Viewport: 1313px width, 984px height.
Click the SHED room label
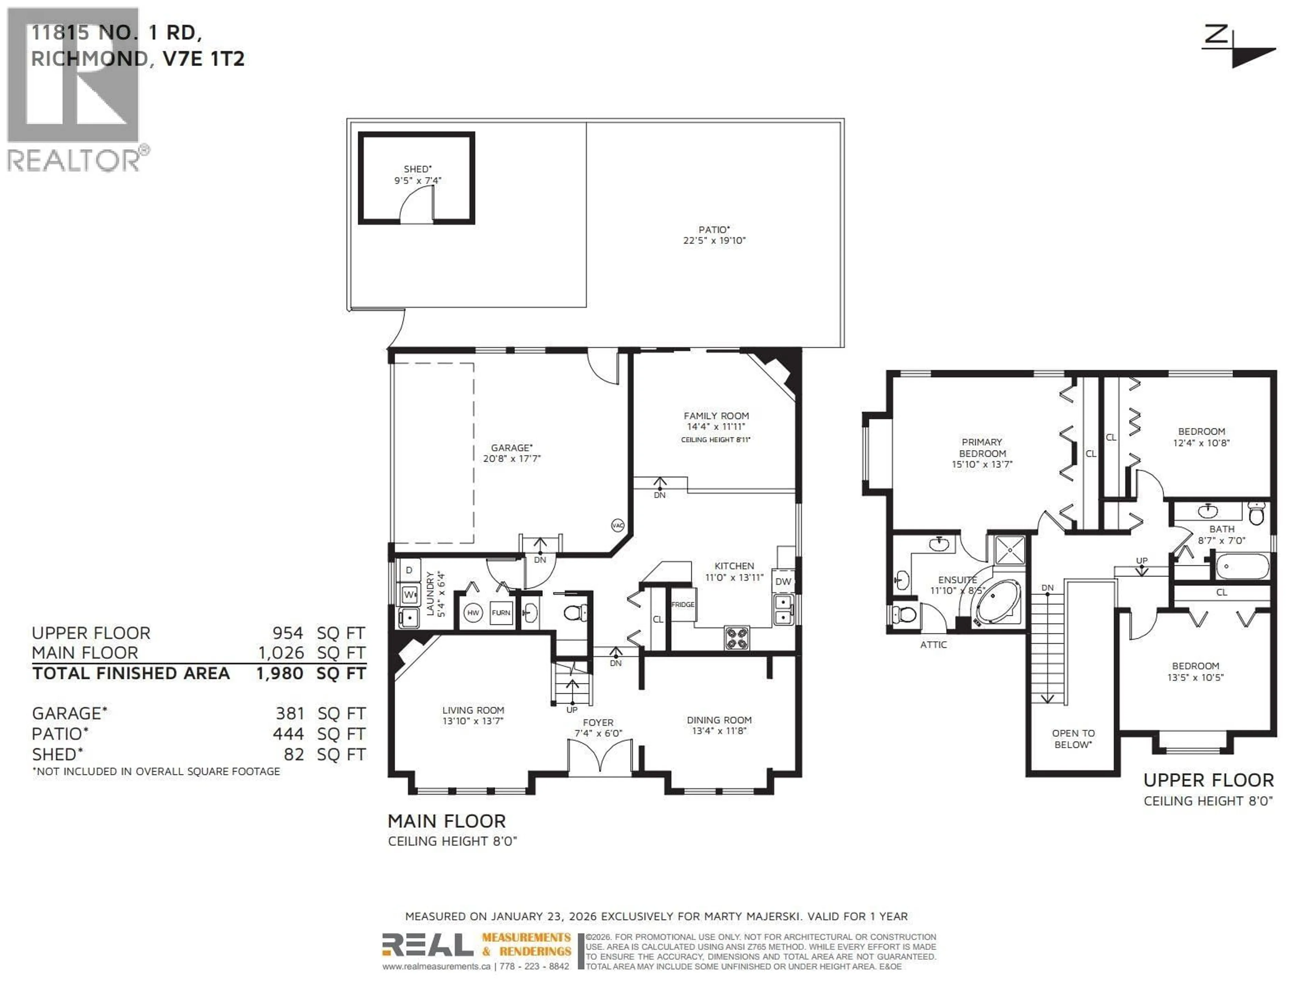[x=417, y=169]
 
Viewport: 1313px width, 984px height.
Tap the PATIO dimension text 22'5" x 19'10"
[x=714, y=240]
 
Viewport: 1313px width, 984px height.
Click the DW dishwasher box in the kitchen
[x=783, y=581]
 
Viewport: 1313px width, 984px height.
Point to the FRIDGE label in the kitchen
[x=682, y=604]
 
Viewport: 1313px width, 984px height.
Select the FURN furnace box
[x=500, y=613]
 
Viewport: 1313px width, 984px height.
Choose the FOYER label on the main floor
[x=598, y=722]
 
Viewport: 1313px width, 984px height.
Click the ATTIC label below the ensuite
[x=933, y=645]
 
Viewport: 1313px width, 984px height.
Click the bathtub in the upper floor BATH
[x=1242, y=566]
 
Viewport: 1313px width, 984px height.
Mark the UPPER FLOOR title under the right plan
[x=1208, y=780]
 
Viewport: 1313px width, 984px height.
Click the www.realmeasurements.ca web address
[x=436, y=966]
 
